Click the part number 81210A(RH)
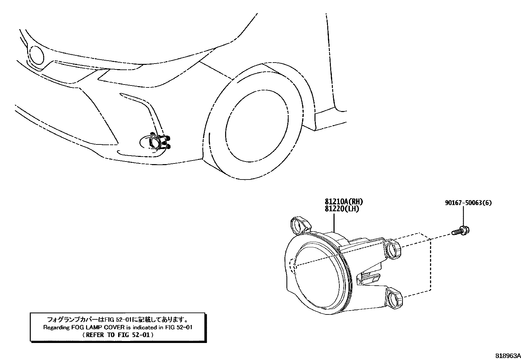344,202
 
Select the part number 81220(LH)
342,209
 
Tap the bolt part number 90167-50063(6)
468,203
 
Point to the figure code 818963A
507,355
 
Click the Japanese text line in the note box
117,319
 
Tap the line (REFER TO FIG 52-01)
117,335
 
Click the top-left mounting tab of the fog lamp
300,225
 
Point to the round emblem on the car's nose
36,55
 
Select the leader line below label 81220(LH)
334,223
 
